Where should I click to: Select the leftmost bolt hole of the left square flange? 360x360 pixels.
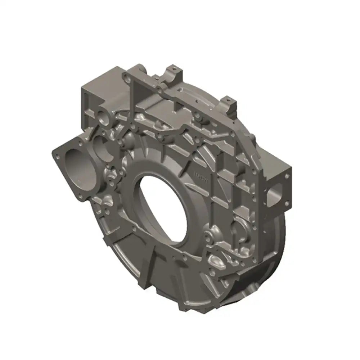(x=57, y=156)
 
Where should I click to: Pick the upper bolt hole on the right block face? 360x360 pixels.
(x=287, y=176)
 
